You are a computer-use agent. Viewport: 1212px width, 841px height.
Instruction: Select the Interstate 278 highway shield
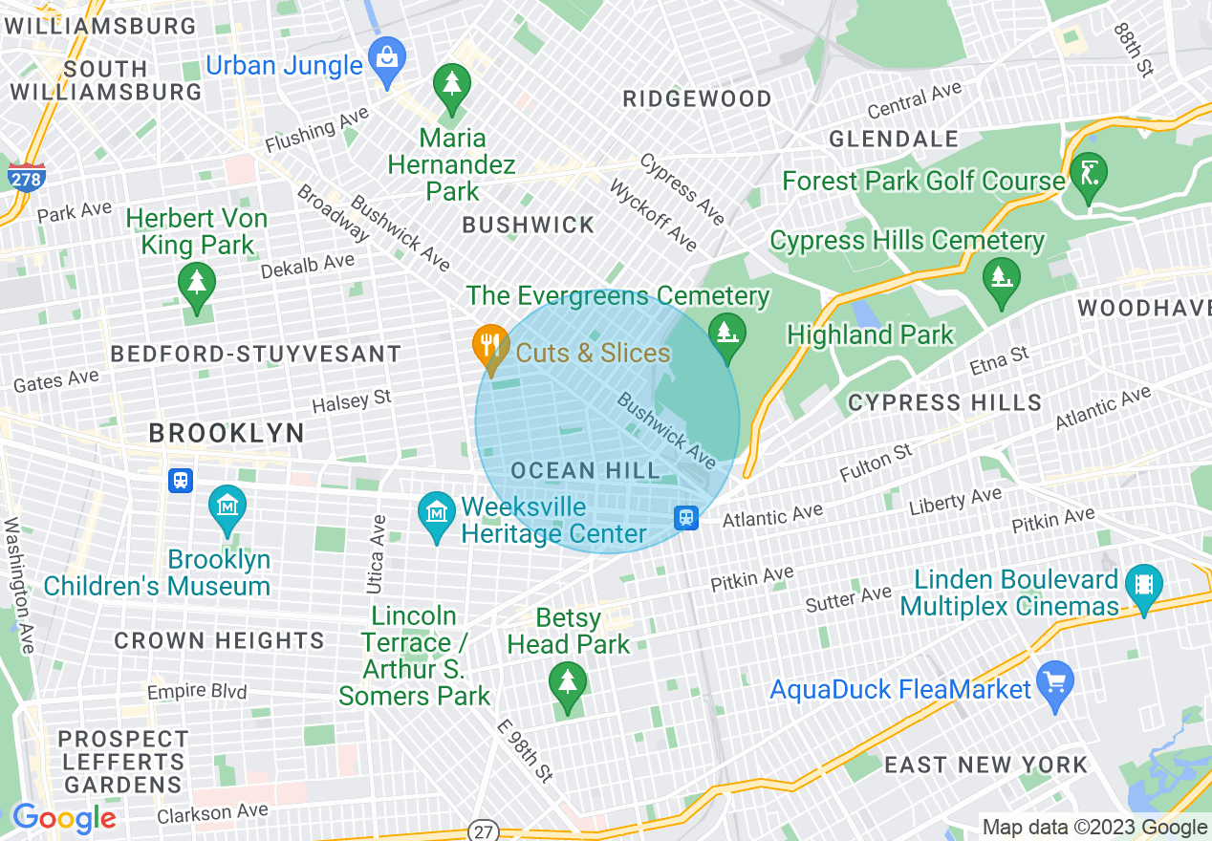click(25, 177)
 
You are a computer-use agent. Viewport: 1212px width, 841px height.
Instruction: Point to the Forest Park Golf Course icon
click(1090, 174)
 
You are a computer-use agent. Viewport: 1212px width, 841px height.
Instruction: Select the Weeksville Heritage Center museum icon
click(437, 513)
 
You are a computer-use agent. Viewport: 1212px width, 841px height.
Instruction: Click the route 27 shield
click(485, 830)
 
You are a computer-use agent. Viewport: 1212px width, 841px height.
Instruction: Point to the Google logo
click(64, 818)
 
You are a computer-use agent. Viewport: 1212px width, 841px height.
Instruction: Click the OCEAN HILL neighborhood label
click(585, 470)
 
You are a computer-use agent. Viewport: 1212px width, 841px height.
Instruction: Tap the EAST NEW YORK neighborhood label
click(985, 765)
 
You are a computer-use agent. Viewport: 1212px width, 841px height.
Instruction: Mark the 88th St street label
click(1134, 49)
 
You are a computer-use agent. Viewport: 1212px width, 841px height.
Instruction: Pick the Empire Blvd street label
click(197, 691)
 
